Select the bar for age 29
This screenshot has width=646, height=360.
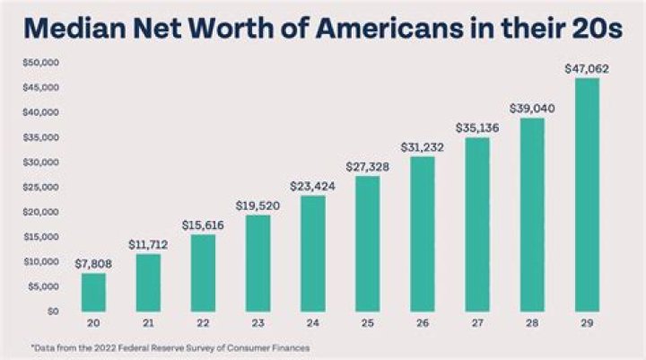coord(587,194)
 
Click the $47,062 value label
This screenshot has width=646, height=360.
coord(587,68)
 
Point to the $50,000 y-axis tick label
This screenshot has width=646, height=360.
coord(39,63)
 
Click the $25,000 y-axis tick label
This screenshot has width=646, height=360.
coord(39,187)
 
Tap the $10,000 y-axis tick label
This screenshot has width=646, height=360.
coord(39,261)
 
